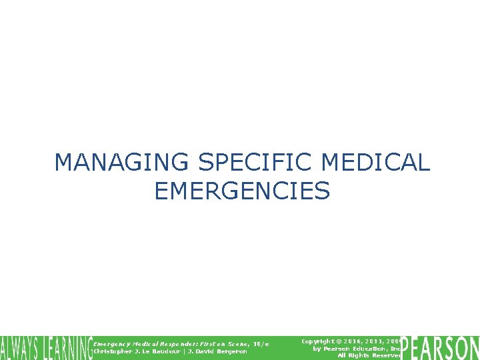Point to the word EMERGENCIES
(x=241, y=192)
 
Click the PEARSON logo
(x=441, y=348)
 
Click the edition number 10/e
(x=261, y=343)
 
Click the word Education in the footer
(x=369, y=349)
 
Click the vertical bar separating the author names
(x=185, y=351)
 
